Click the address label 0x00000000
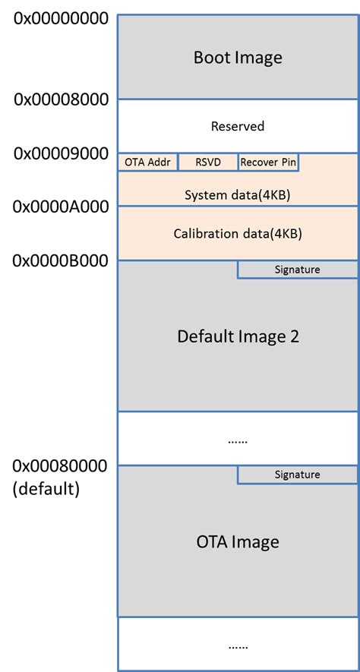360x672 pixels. click(x=61, y=17)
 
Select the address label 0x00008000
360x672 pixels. click(x=61, y=99)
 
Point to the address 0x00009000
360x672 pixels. click(x=61, y=153)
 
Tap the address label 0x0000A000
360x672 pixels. click(x=61, y=206)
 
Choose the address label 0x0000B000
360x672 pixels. click(x=61, y=260)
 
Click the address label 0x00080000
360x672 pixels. click(x=61, y=465)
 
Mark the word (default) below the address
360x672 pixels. click(x=46, y=489)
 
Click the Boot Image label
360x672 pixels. click(x=238, y=57)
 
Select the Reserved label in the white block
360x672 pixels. click(x=238, y=126)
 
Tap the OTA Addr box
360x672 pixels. click(x=147, y=162)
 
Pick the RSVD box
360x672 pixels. click(x=207, y=162)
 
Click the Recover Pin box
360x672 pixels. click(x=267, y=162)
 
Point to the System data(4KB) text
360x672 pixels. click(x=238, y=195)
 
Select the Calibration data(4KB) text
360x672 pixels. click(x=238, y=233)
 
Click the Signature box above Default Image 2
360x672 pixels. click(x=297, y=270)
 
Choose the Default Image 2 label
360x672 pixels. click(x=238, y=336)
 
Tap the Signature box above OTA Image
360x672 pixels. click(x=297, y=475)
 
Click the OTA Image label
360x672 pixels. click(x=238, y=541)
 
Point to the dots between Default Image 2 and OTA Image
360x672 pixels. click(x=238, y=440)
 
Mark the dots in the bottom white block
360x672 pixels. click(x=238, y=645)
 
